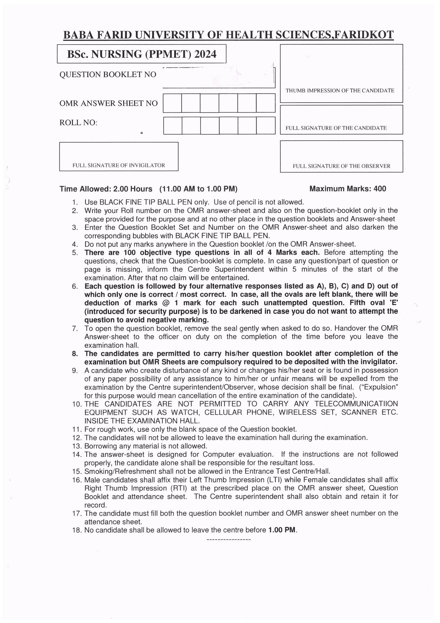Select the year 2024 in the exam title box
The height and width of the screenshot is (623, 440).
pyautogui.click(x=205, y=54)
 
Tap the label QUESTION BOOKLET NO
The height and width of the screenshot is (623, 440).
pyautogui.click(x=108, y=75)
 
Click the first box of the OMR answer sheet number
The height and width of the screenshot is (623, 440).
pyautogui.click(x=172, y=103)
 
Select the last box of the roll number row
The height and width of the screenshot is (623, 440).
pyautogui.click(x=266, y=125)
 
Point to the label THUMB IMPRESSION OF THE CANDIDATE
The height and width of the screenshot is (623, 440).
pyautogui.click(x=340, y=91)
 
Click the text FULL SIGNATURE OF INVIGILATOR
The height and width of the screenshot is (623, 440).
pyautogui.click(x=119, y=165)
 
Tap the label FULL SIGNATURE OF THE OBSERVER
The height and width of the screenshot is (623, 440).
pyautogui.click(x=341, y=166)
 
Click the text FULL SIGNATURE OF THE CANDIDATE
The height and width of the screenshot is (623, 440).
pyautogui.click(x=336, y=128)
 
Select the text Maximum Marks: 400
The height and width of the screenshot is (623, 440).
pyautogui.click(x=348, y=189)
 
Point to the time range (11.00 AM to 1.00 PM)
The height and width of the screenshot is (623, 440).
pyautogui.click(x=198, y=189)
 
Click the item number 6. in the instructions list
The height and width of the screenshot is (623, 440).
pyautogui.click(x=75, y=286)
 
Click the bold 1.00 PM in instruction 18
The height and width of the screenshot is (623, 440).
pyautogui.click(x=282, y=530)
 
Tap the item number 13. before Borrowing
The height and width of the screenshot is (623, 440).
pyautogui.click(x=77, y=446)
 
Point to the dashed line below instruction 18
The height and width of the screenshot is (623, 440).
pyautogui.click(x=228, y=540)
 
